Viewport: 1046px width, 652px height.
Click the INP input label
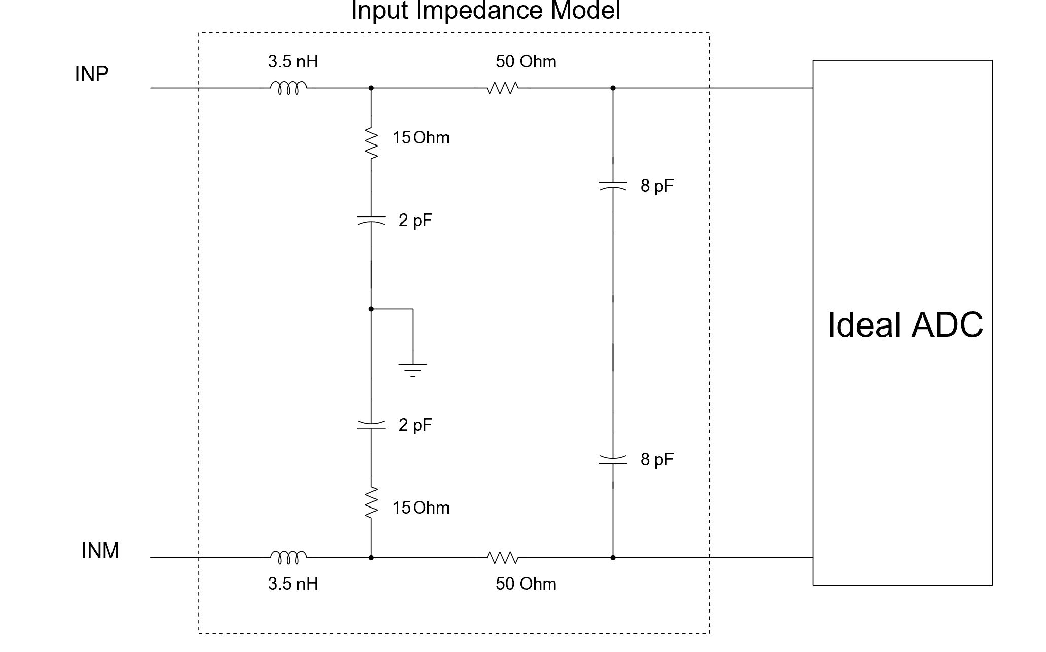point(92,74)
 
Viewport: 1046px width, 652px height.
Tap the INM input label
point(100,551)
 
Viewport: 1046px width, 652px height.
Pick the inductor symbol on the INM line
point(288,558)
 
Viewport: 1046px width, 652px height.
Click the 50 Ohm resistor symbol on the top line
point(503,88)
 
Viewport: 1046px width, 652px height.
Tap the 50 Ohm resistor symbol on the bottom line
point(503,558)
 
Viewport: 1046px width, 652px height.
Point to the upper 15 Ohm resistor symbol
point(371,144)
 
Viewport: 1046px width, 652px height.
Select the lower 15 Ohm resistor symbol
point(371,502)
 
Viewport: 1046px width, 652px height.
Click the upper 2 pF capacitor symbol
point(371,220)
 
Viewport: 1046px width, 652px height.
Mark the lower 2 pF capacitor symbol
point(371,425)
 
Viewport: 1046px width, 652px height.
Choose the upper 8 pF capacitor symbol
point(613,185)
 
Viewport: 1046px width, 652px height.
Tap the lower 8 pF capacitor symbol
point(613,460)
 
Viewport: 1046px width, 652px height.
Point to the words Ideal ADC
point(905,324)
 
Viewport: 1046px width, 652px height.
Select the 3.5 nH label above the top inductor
point(293,62)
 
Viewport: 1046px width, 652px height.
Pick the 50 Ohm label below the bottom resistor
point(526,584)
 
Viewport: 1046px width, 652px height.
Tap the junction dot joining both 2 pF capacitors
point(371,309)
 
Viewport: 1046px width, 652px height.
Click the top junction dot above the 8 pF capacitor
point(613,88)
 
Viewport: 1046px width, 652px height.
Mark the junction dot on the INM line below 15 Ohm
point(371,558)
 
